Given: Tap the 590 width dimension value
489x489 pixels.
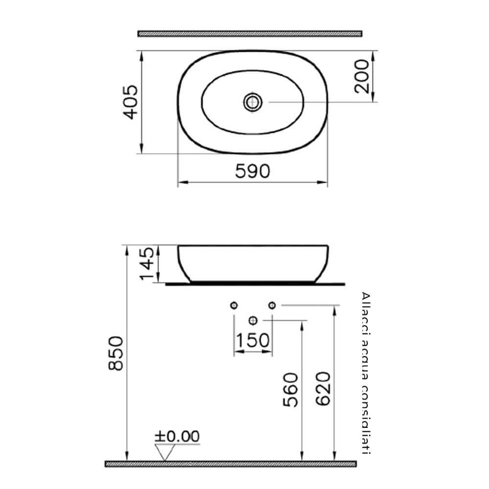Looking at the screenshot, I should click(252, 172).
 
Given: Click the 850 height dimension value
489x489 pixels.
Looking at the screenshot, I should click(115, 353).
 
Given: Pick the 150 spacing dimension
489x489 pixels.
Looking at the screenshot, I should click(252, 340).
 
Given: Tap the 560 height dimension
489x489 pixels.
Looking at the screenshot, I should click(290, 390).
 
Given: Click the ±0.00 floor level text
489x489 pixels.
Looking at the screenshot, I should click(177, 436).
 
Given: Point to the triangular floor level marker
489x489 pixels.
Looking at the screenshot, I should click(165, 452).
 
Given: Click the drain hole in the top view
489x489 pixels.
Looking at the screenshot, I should click(253, 102).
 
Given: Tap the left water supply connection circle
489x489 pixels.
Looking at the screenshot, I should click(234, 305).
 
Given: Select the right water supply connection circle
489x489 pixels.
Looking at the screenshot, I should click(272, 305).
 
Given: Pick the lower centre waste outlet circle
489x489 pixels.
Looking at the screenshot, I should click(253, 320).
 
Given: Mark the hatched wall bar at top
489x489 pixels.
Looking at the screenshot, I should click(249, 34).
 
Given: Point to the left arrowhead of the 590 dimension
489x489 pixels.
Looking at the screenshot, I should click(180, 183).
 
